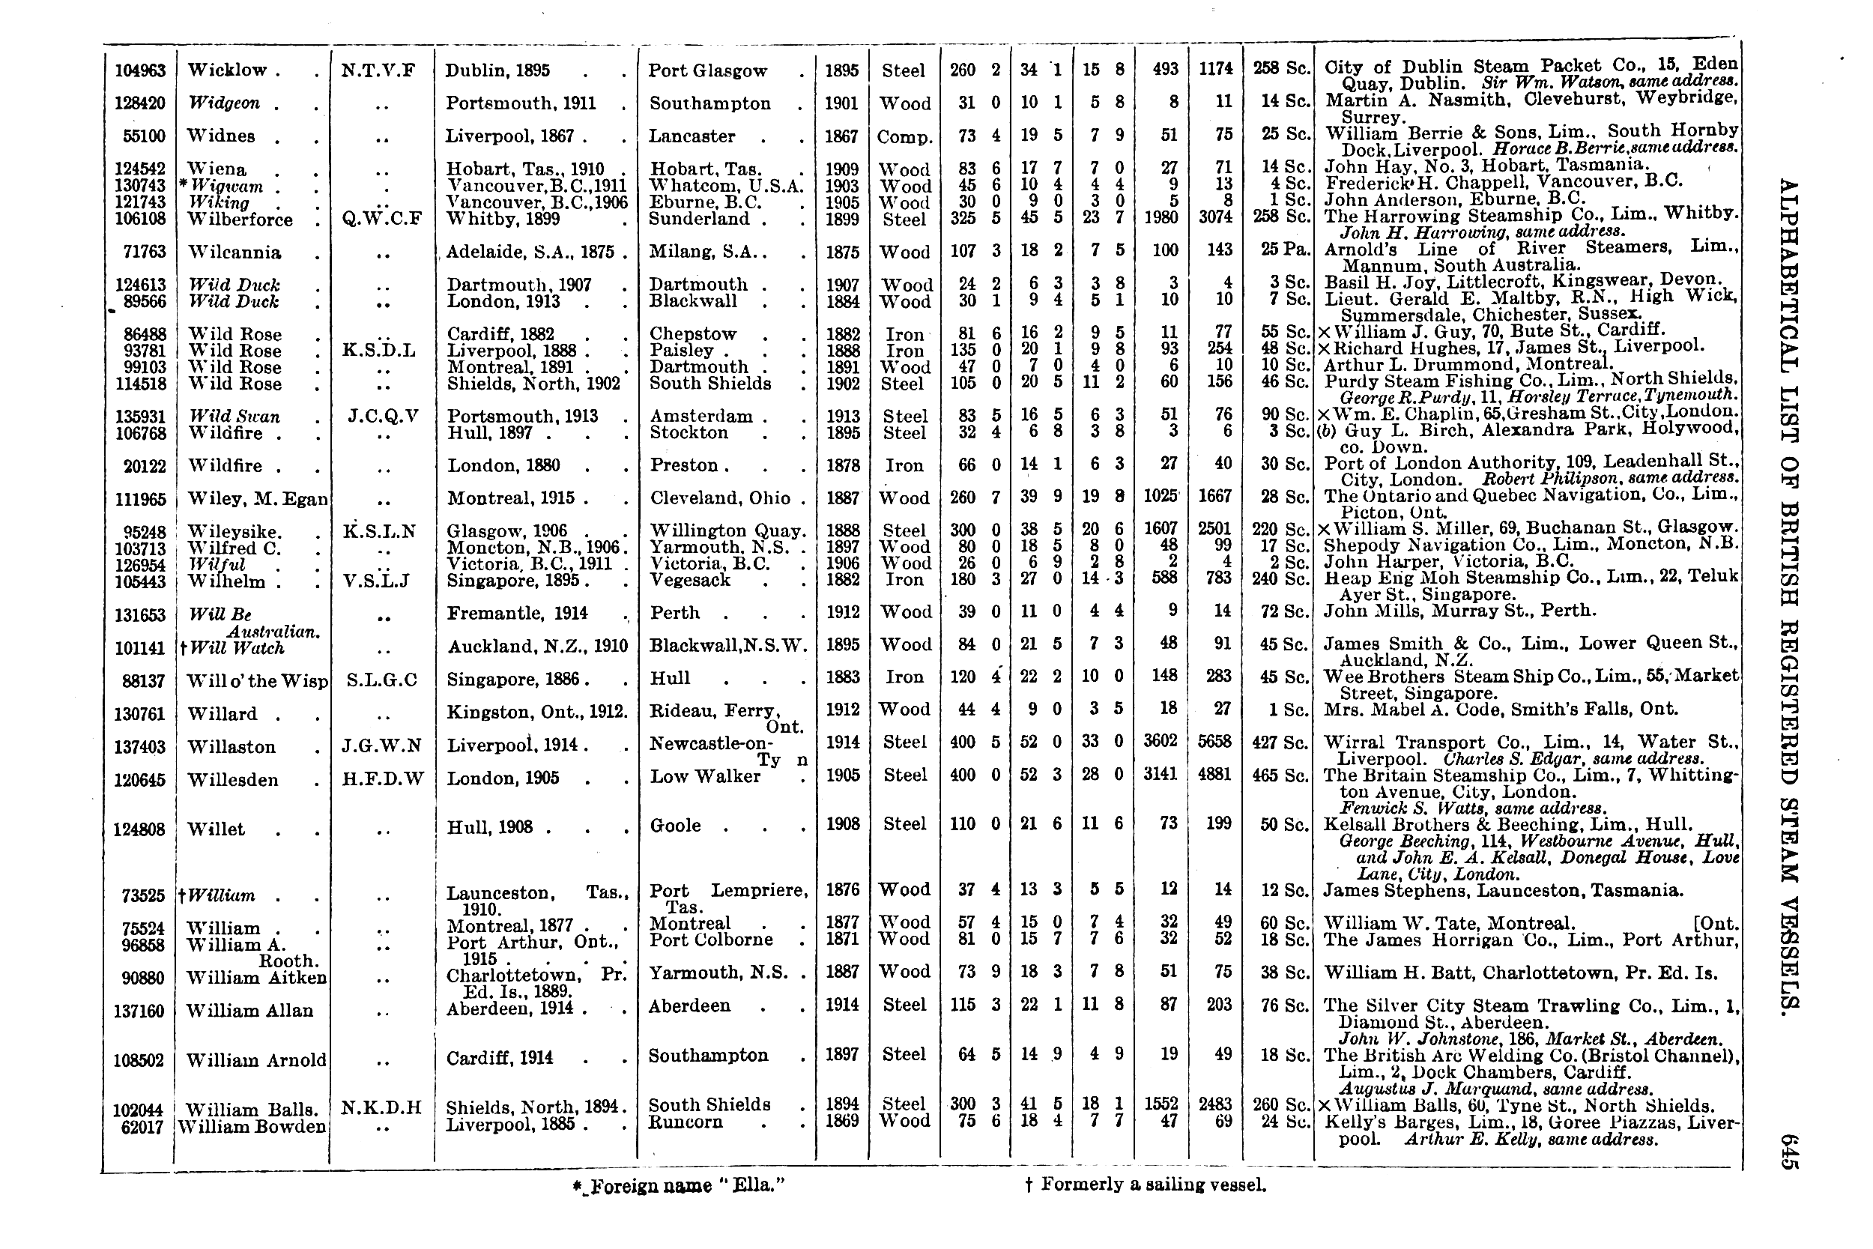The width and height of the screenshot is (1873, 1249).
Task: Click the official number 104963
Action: coord(140,71)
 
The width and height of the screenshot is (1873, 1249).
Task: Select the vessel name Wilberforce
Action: coord(240,220)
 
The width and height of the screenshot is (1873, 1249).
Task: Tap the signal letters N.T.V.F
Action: coord(378,70)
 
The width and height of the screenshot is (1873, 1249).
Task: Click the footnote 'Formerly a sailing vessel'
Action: coord(1146,1185)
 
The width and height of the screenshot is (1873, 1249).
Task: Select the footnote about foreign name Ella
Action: coord(679,1185)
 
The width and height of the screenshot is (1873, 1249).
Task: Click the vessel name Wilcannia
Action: coord(234,252)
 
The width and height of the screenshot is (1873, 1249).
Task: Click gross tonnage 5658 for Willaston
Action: coord(1215,743)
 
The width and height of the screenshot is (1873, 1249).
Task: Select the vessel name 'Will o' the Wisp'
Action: coord(256,681)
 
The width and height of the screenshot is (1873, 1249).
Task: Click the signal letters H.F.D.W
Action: coord(383,778)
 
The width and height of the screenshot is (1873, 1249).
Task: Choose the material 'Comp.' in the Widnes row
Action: coord(904,138)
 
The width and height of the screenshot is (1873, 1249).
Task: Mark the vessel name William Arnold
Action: coord(255,1060)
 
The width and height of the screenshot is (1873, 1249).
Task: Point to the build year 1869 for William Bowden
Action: coord(843,1121)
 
